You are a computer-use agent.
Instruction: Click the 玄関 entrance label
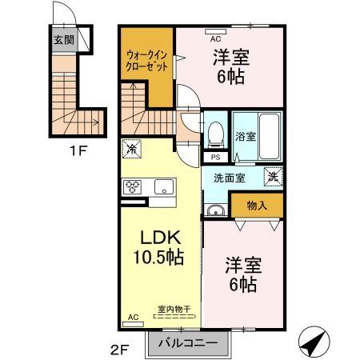(64, 40)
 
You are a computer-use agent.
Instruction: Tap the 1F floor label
(78, 150)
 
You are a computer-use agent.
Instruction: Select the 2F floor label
(120, 350)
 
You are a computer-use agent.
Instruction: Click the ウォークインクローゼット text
(146, 61)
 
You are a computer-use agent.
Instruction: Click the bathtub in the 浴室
(270, 137)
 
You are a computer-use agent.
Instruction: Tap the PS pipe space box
(215, 158)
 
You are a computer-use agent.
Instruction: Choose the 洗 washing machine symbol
(273, 176)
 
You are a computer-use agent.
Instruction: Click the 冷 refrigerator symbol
(131, 149)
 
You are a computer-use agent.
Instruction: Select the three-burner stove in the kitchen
(133, 186)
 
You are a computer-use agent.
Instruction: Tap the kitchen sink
(164, 186)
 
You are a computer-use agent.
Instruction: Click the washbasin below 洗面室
(216, 210)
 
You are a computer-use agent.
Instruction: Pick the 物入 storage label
(257, 206)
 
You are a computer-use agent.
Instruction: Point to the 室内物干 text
(174, 310)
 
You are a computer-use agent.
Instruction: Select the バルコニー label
(188, 342)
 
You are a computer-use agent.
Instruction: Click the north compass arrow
(314, 342)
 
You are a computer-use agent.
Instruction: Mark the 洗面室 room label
(230, 178)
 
